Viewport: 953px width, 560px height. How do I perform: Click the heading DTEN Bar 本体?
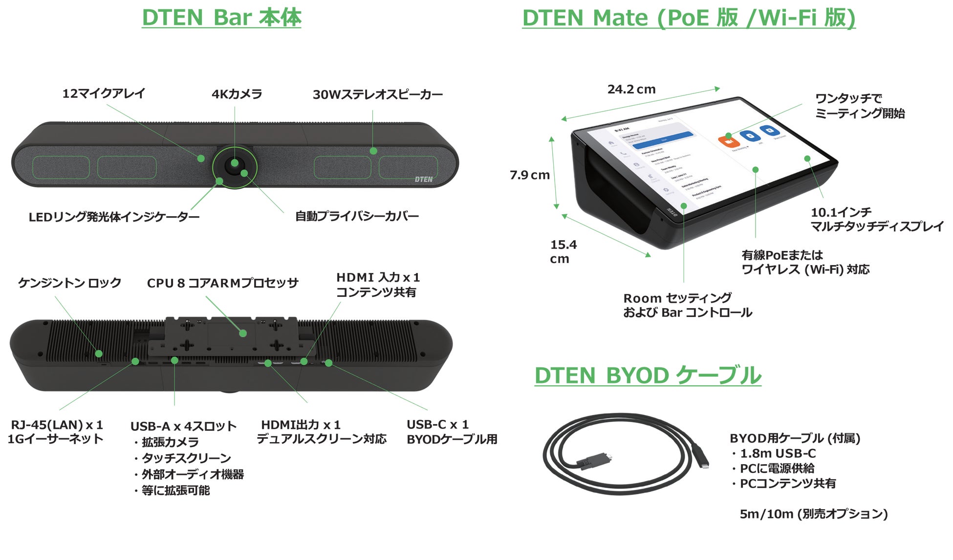click(x=221, y=18)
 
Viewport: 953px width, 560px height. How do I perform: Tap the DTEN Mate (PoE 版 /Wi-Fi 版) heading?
click(x=689, y=18)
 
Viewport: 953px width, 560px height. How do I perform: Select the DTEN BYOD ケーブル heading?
click(x=648, y=376)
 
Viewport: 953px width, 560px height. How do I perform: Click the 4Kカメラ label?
click(x=237, y=94)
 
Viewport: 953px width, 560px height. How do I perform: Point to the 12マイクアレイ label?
click(x=104, y=93)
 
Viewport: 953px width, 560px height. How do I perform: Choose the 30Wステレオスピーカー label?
click(x=378, y=94)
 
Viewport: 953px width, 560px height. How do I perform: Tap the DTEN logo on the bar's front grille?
click(x=424, y=179)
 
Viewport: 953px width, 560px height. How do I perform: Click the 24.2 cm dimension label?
click(x=631, y=90)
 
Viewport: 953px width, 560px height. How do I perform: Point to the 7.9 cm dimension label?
click(x=529, y=175)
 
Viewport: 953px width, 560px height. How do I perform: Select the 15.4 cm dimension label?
click(x=562, y=251)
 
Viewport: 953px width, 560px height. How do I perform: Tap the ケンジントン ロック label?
click(x=69, y=283)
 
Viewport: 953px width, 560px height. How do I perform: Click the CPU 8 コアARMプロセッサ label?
click(x=222, y=283)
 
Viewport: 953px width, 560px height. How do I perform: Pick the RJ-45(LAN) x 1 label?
click(x=57, y=425)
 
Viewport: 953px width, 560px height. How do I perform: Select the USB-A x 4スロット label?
click(x=183, y=426)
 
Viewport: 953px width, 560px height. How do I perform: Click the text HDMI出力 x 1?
click(x=301, y=425)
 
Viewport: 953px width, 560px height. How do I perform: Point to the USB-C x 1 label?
click(x=437, y=424)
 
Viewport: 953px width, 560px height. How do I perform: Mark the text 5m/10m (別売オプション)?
click(x=813, y=514)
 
